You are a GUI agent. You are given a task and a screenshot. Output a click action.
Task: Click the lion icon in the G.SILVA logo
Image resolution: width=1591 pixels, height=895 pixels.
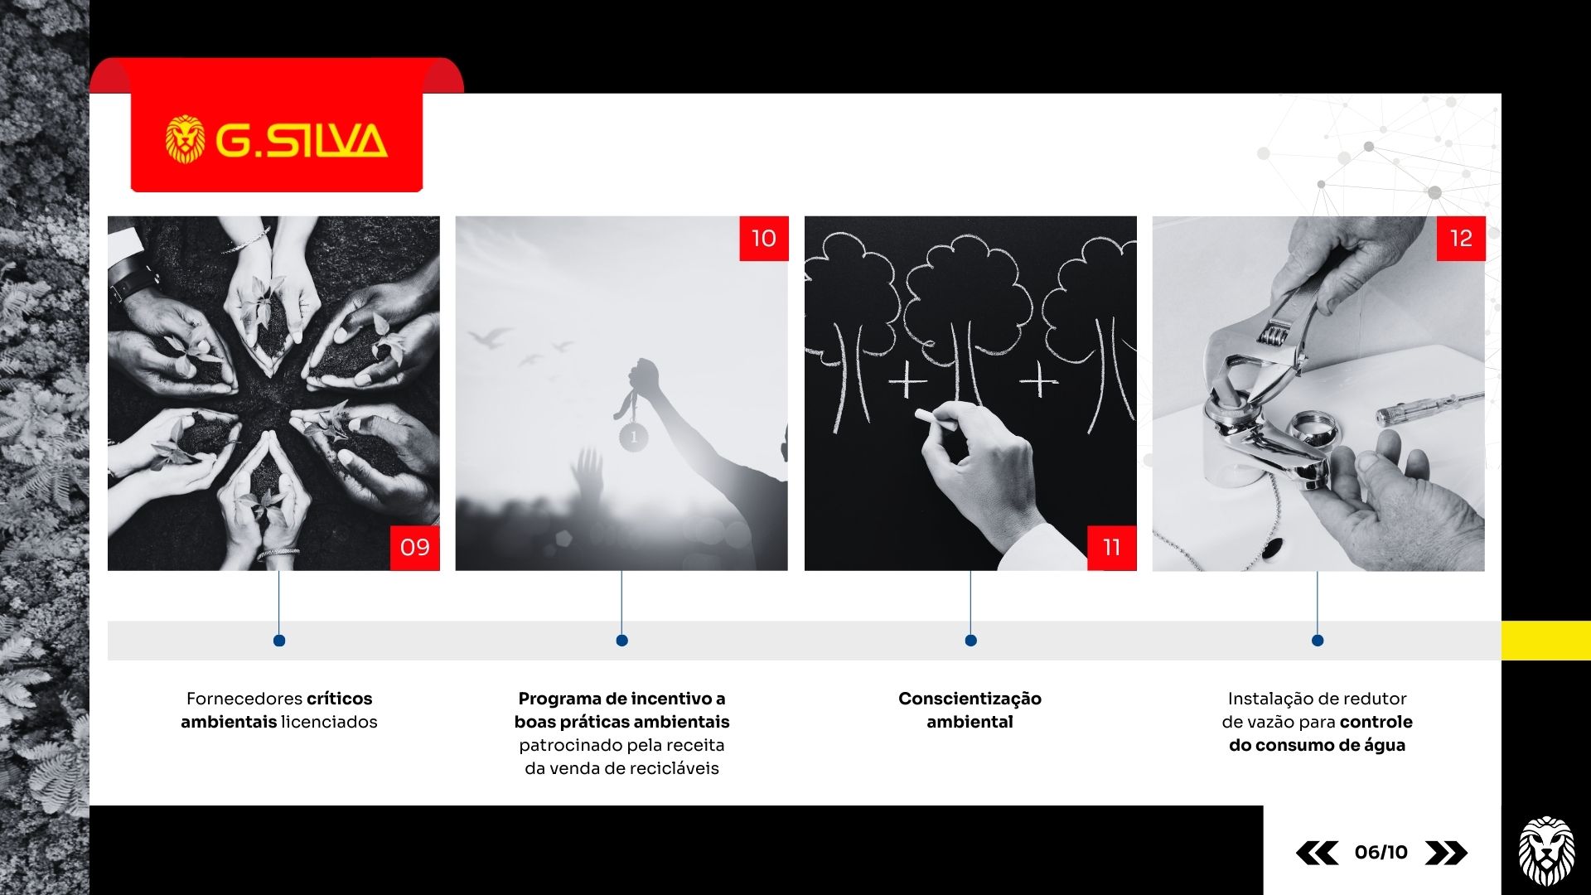click(185, 138)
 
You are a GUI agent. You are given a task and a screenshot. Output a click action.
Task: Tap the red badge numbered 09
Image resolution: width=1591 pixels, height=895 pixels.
click(415, 547)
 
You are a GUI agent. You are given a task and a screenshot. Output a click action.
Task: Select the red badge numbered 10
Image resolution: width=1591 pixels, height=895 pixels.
click(764, 239)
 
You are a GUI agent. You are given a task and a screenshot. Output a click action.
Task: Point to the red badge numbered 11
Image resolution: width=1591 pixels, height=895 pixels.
click(1112, 547)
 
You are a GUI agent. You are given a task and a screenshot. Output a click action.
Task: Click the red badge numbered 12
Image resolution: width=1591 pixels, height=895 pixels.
click(1461, 239)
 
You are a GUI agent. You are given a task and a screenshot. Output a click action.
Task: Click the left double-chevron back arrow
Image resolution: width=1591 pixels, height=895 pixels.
click(1317, 853)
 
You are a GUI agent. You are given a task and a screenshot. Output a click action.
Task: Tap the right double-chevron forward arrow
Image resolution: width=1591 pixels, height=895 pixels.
click(1446, 853)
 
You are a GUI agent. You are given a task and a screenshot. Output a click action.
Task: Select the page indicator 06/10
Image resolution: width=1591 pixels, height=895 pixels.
click(1381, 852)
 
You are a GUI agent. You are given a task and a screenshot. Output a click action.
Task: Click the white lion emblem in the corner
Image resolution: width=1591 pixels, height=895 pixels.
click(1546, 851)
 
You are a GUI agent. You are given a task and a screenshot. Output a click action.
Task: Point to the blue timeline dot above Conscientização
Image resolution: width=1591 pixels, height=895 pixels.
click(970, 641)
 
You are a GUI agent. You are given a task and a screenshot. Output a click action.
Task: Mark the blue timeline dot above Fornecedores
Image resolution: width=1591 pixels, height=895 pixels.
click(279, 641)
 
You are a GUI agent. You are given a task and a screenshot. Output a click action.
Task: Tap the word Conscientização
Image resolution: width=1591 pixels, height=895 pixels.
click(970, 699)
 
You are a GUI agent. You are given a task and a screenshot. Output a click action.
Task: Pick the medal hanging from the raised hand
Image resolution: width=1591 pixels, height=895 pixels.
click(634, 436)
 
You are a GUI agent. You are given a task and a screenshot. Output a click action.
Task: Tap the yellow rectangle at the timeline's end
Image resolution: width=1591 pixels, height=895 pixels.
click(1546, 641)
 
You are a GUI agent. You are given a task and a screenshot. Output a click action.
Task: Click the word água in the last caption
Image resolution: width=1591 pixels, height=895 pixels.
click(1384, 746)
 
